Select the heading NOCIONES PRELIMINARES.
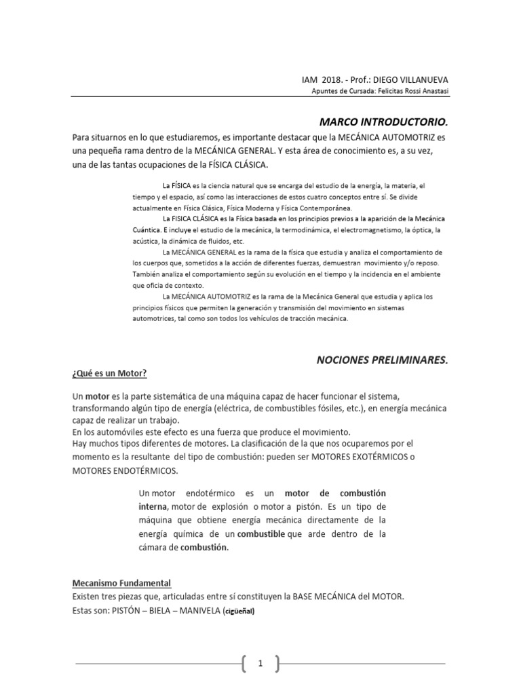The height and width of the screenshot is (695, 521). coord(383,360)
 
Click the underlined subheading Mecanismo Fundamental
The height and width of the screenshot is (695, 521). coord(121,584)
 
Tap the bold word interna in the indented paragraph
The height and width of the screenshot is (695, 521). coord(153,506)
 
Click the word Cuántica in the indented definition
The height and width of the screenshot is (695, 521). coord(147,231)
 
